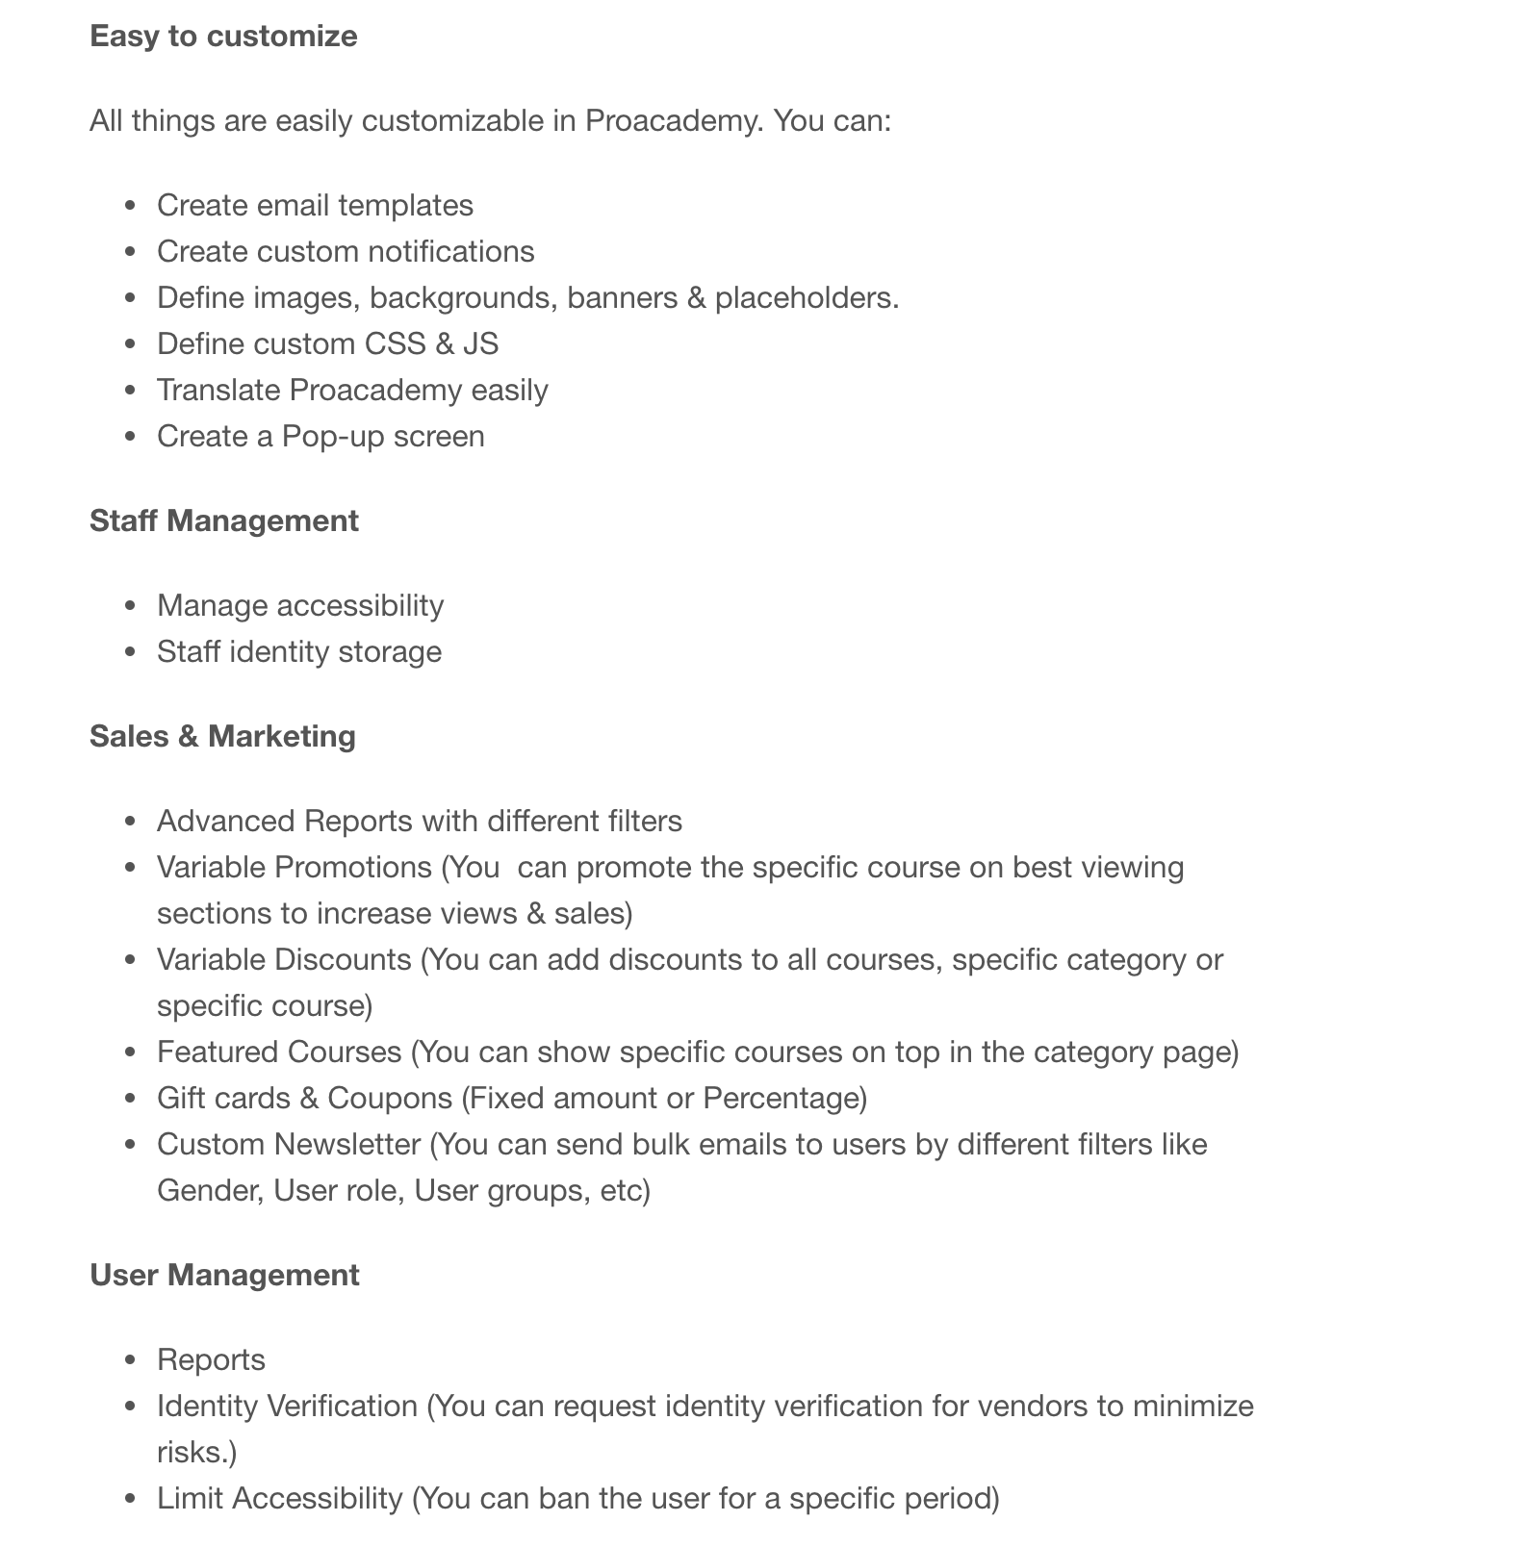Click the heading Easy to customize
click(x=223, y=37)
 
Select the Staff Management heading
click(x=223, y=521)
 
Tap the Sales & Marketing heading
click(x=222, y=737)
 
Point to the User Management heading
click(x=224, y=1276)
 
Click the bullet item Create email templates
click(x=315, y=206)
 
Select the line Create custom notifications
click(x=346, y=252)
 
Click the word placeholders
click(x=806, y=298)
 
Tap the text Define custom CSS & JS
click(x=327, y=344)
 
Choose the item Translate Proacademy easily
click(x=352, y=391)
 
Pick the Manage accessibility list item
click(x=300, y=606)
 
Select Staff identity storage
click(x=299, y=652)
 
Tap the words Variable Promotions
click(x=295, y=868)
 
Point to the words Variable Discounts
click(x=284, y=960)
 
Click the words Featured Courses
click(x=279, y=1052)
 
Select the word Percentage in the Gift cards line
click(x=781, y=1099)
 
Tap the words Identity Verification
click(x=287, y=1407)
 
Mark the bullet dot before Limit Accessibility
click(x=132, y=1499)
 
